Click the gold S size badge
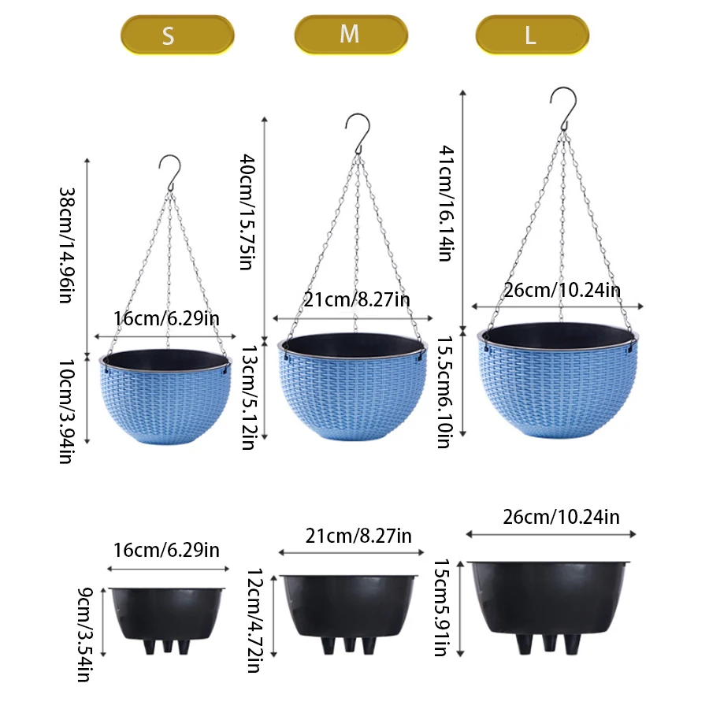pyautogui.click(x=177, y=35)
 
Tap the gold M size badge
pyautogui.click(x=351, y=35)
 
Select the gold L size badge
pyautogui.click(x=533, y=35)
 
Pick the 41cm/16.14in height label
pyautogui.click(x=447, y=203)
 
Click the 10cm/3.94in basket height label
pyautogui.click(x=67, y=411)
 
